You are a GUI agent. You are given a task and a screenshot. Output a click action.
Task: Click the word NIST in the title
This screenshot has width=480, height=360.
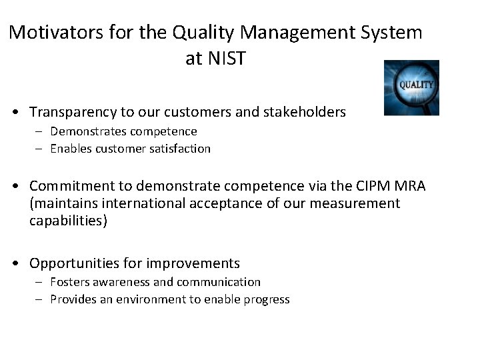pos(226,59)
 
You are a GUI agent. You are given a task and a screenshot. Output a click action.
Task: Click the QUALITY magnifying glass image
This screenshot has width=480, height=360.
pos(411,87)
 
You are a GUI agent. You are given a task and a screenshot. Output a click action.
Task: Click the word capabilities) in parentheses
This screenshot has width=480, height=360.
pos(67,220)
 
